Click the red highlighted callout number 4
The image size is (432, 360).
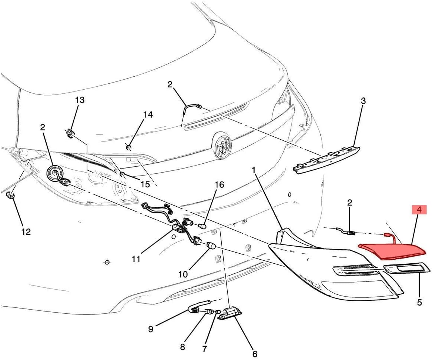point(419,210)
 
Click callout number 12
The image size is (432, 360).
point(26,232)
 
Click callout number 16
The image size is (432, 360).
point(220,185)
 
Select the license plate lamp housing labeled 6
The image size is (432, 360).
point(229,314)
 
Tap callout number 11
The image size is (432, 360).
point(136,259)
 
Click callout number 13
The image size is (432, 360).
point(80,100)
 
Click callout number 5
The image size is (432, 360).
point(419,302)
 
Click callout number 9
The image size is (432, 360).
point(151,329)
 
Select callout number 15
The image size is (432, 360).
point(145,184)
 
